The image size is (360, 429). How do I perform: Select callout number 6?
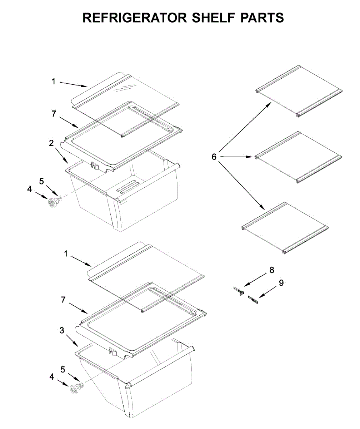(x=214, y=157)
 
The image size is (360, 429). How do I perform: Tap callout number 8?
(x=272, y=270)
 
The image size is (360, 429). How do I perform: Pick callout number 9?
(x=281, y=283)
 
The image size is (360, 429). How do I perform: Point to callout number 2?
(x=51, y=143)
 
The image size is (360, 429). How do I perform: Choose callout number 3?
(x=62, y=331)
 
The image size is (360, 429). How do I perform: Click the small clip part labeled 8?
(x=239, y=290)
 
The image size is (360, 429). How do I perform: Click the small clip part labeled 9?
(x=253, y=299)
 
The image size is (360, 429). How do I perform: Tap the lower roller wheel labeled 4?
(x=75, y=390)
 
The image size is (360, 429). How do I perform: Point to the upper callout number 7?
(x=54, y=114)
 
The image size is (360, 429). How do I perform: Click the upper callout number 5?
(x=42, y=181)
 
